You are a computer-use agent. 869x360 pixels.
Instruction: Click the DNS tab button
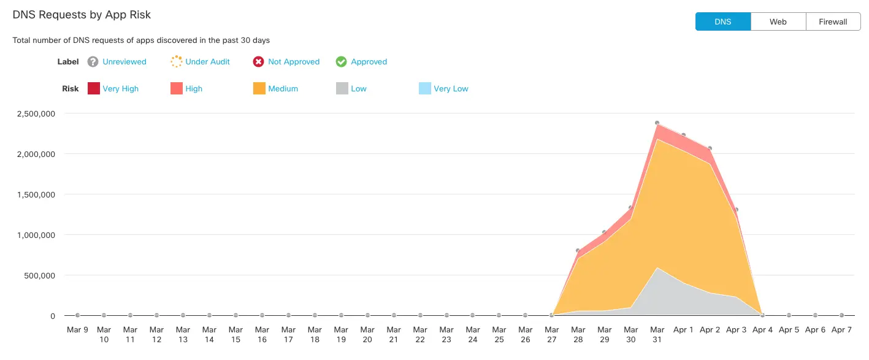[722, 21]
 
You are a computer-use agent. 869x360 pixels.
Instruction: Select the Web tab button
[778, 21]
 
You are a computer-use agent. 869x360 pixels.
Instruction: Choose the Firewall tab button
[833, 21]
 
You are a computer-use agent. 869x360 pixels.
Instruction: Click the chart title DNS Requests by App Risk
[82, 15]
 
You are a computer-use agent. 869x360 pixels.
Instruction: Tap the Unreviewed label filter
[124, 62]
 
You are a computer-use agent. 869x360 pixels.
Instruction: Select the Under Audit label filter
[207, 62]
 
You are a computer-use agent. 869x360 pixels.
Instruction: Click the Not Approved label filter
[294, 62]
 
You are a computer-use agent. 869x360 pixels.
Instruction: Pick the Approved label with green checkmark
[369, 62]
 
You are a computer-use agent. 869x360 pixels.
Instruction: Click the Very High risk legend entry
[120, 89]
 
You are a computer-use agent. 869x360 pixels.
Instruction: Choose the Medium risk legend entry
[283, 89]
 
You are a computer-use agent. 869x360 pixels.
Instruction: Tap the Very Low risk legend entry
[450, 89]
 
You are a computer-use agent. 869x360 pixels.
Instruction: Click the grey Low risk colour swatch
[342, 89]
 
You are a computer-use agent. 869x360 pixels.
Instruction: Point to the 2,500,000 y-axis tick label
[36, 113]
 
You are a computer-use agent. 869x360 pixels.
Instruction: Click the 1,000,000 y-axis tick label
[36, 235]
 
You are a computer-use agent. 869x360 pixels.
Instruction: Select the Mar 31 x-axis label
[657, 334]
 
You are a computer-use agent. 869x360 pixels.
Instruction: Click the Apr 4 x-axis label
[762, 330]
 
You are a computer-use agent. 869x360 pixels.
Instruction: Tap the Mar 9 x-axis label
[77, 330]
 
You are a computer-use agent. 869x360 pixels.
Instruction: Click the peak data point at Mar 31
[657, 123]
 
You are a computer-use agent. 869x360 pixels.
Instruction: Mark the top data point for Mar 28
[578, 251]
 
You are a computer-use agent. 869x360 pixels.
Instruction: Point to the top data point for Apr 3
[736, 210]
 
